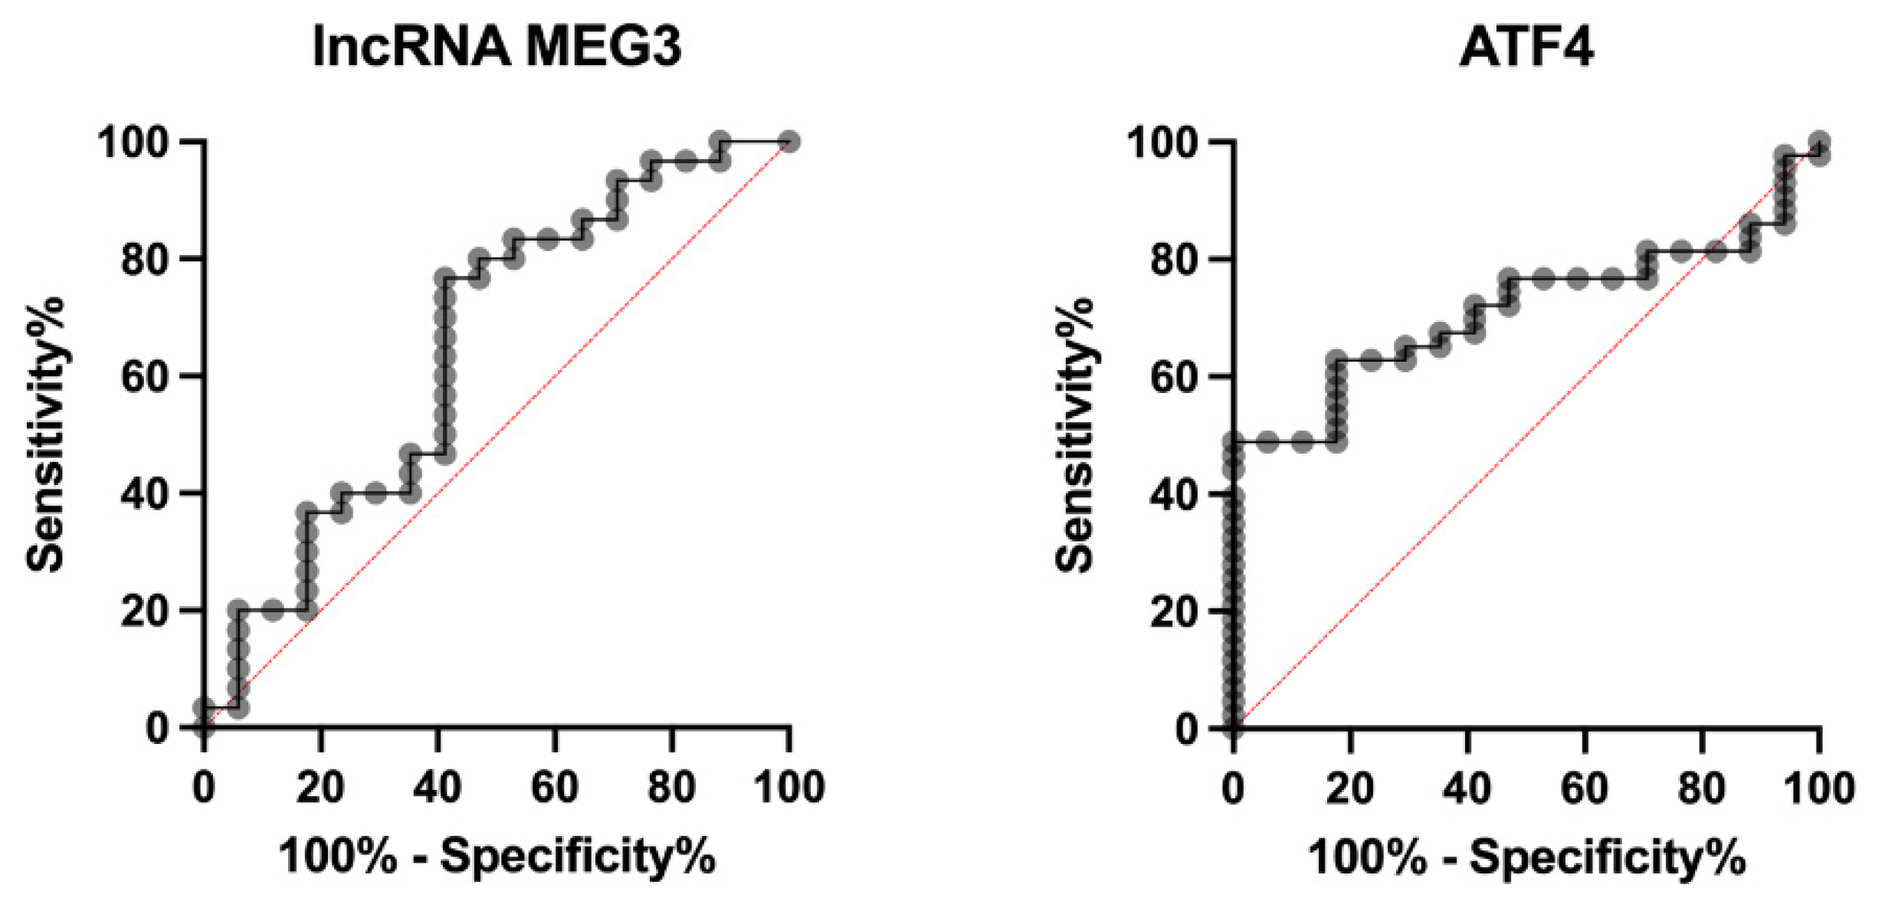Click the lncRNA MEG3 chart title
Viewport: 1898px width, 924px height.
497,48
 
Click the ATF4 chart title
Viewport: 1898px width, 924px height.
1526,48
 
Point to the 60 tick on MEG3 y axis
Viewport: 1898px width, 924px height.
145,377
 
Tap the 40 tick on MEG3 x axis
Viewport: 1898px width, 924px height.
438,787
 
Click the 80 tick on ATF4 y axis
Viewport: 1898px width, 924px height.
1174,260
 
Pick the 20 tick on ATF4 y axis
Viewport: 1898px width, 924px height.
1174,611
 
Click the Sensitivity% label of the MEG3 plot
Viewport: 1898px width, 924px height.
46,434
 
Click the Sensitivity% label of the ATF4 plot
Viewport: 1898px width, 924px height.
1075,434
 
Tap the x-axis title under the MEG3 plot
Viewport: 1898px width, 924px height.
497,856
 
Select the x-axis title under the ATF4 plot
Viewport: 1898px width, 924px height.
1526,856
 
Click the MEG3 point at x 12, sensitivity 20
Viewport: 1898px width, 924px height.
273,611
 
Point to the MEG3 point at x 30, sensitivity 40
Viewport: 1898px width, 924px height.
375,493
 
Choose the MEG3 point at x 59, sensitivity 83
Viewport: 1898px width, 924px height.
547,240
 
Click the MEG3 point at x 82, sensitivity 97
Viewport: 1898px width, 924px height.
686,162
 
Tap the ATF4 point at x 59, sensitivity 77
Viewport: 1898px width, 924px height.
1577,279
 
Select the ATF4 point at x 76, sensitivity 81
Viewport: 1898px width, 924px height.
1681,251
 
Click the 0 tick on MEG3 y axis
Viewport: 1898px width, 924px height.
157,728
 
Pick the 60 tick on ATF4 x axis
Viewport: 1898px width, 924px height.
1584,787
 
